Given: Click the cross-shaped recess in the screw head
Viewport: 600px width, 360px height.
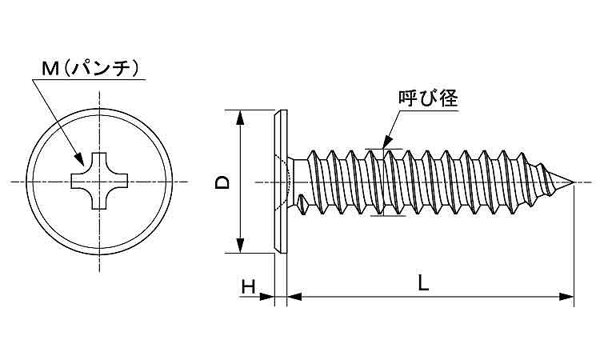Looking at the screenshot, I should coord(102,182).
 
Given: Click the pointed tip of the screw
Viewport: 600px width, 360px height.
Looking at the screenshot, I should coord(573,183).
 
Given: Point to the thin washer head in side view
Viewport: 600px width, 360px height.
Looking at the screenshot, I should coord(279,182).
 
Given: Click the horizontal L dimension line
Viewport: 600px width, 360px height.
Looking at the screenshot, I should coord(432,298).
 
